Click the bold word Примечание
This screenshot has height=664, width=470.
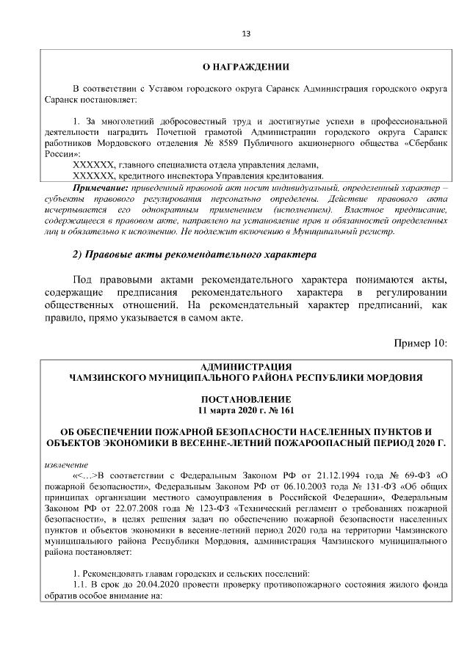point(99,189)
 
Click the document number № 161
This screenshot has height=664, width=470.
point(280,409)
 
